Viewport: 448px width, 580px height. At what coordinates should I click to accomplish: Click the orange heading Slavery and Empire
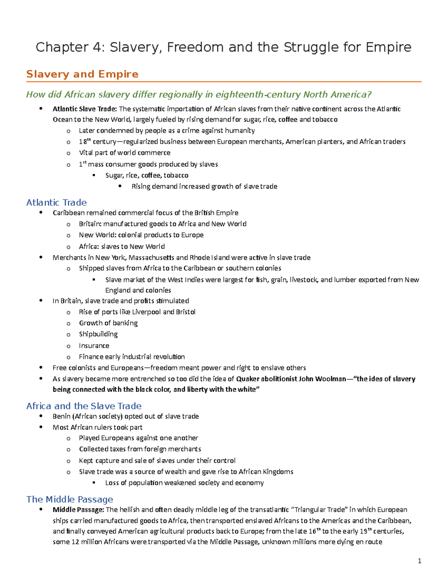82,74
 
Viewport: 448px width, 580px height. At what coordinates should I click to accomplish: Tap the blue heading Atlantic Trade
56,202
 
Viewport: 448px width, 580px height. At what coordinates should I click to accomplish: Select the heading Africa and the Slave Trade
84,406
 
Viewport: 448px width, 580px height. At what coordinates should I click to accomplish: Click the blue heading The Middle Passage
69,499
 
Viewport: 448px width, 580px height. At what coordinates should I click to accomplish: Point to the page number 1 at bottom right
420,561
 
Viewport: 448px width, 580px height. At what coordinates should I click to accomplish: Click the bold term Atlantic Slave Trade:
85,109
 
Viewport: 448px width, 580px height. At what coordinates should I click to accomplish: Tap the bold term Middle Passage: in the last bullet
78,510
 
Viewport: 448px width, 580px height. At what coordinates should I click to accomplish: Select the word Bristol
186,312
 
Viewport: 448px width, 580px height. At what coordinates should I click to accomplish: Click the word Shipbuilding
98,334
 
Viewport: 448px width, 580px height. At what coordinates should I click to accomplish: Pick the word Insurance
94,345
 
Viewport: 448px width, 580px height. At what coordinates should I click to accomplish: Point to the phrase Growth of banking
108,323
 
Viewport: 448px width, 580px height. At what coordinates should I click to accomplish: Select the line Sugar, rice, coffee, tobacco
147,175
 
